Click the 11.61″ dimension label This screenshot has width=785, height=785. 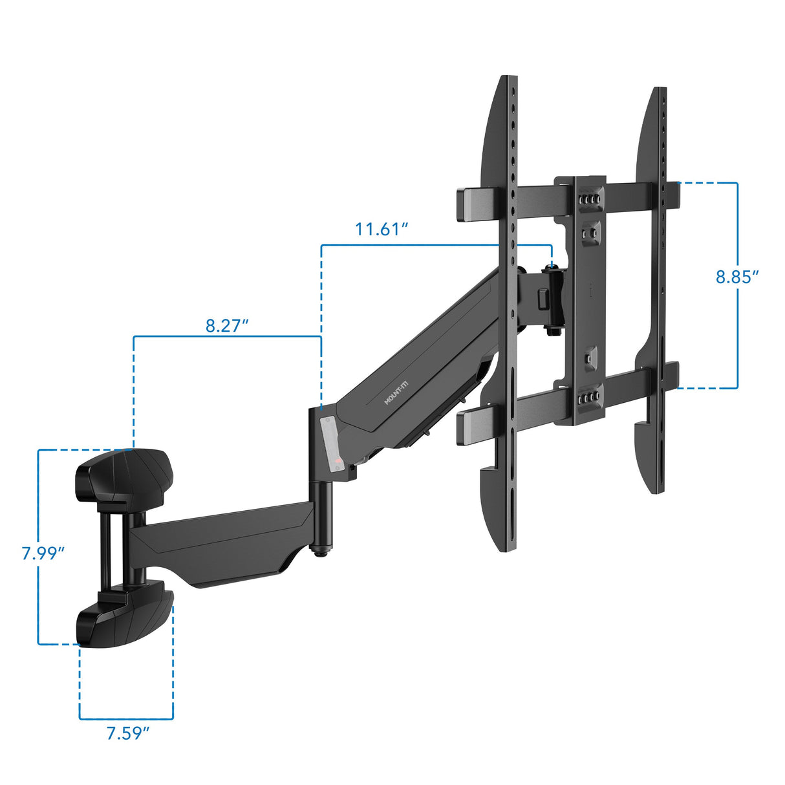tap(381, 229)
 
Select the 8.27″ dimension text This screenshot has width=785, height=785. tap(227, 325)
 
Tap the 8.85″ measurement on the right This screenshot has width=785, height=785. tap(737, 277)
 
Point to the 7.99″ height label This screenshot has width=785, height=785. tap(43, 554)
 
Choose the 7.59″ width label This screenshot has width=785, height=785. tap(128, 733)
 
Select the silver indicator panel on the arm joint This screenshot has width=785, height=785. tap(330, 446)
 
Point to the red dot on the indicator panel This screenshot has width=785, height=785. tap(338, 460)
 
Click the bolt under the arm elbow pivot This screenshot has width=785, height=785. tap(321, 549)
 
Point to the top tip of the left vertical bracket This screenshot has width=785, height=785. tap(506, 81)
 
